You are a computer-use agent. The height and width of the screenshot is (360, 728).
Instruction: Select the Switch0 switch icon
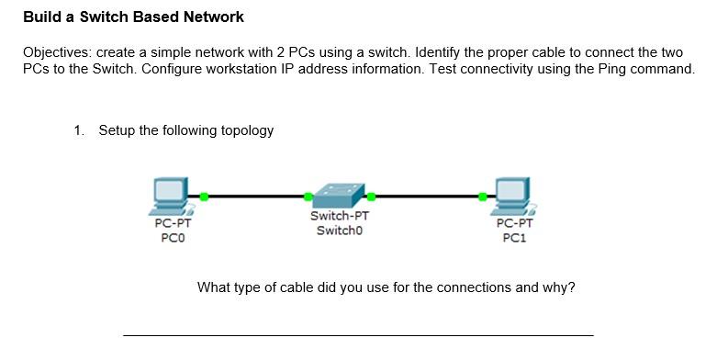[x=340, y=195]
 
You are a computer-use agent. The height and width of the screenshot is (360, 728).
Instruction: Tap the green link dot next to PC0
[x=204, y=196]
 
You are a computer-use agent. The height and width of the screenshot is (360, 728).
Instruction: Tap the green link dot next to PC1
[x=483, y=196]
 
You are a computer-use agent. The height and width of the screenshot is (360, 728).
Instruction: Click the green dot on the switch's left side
[x=308, y=196]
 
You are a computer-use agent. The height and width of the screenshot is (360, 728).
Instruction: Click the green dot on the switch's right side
[x=371, y=196]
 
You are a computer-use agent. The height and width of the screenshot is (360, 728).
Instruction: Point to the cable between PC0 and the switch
[x=256, y=196]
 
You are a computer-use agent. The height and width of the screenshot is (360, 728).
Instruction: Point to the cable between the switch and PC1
[x=427, y=196]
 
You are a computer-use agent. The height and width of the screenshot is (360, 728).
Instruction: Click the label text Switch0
[x=340, y=231]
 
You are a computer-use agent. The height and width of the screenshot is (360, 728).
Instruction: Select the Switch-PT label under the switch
[x=340, y=217]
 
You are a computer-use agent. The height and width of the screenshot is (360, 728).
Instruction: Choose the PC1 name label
[x=514, y=238]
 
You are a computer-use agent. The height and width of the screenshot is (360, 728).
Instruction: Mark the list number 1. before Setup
[x=80, y=130]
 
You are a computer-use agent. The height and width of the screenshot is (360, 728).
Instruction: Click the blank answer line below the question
[x=358, y=334]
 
